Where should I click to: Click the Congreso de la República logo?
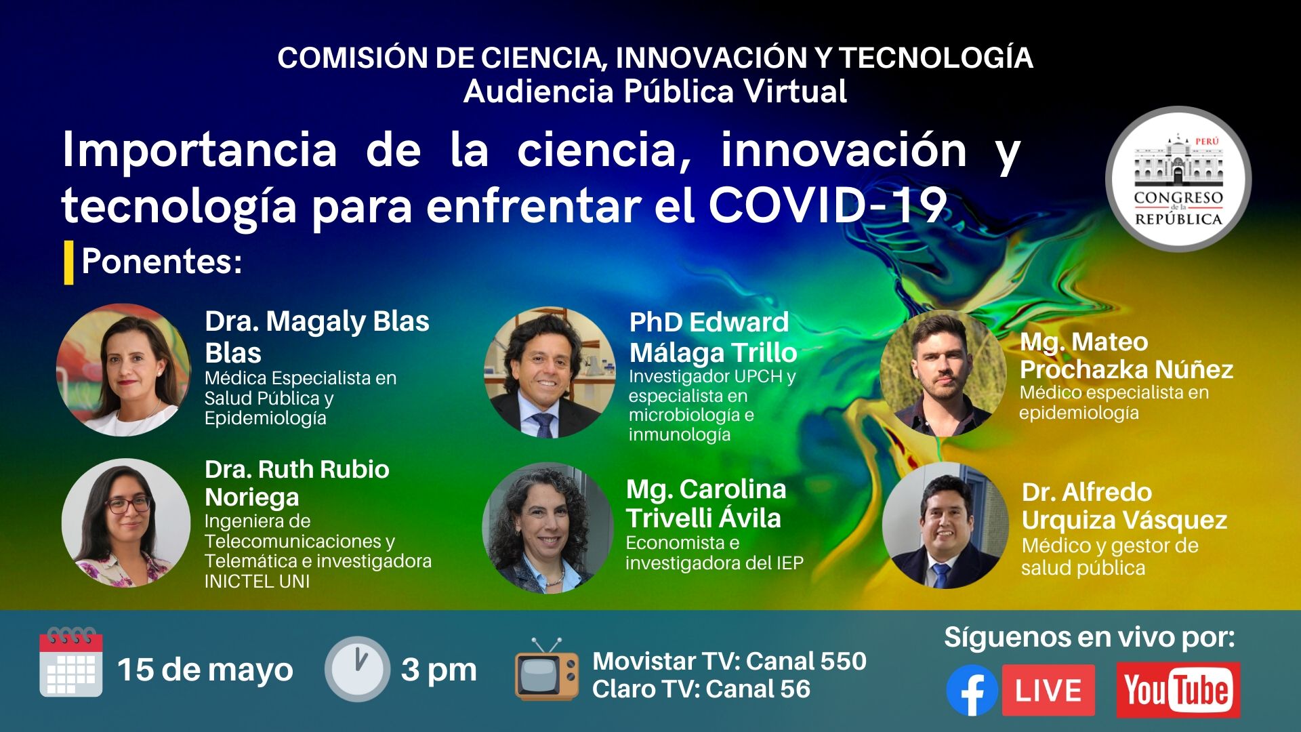point(1178,179)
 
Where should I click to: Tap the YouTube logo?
point(1178,690)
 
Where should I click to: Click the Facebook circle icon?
point(972,690)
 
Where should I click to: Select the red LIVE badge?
point(1048,690)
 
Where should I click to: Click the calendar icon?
point(71,662)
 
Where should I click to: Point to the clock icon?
point(357,669)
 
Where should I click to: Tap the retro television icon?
point(547,669)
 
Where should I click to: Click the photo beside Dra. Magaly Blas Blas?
point(123,369)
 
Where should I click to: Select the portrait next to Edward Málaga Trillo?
point(550,373)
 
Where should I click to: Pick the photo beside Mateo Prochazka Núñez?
point(943,373)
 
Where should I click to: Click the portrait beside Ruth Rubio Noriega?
point(126,523)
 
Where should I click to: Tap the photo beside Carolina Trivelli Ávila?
point(548,528)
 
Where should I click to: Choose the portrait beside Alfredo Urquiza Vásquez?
point(945,525)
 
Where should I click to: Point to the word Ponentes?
point(161,262)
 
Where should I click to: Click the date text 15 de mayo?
point(205,670)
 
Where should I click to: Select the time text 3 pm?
point(439,670)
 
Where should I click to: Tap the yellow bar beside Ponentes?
point(68,262)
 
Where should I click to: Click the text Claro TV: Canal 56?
point(701,689)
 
